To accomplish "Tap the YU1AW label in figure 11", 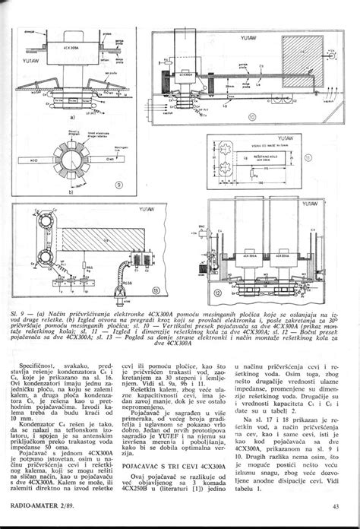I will point(285,138).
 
